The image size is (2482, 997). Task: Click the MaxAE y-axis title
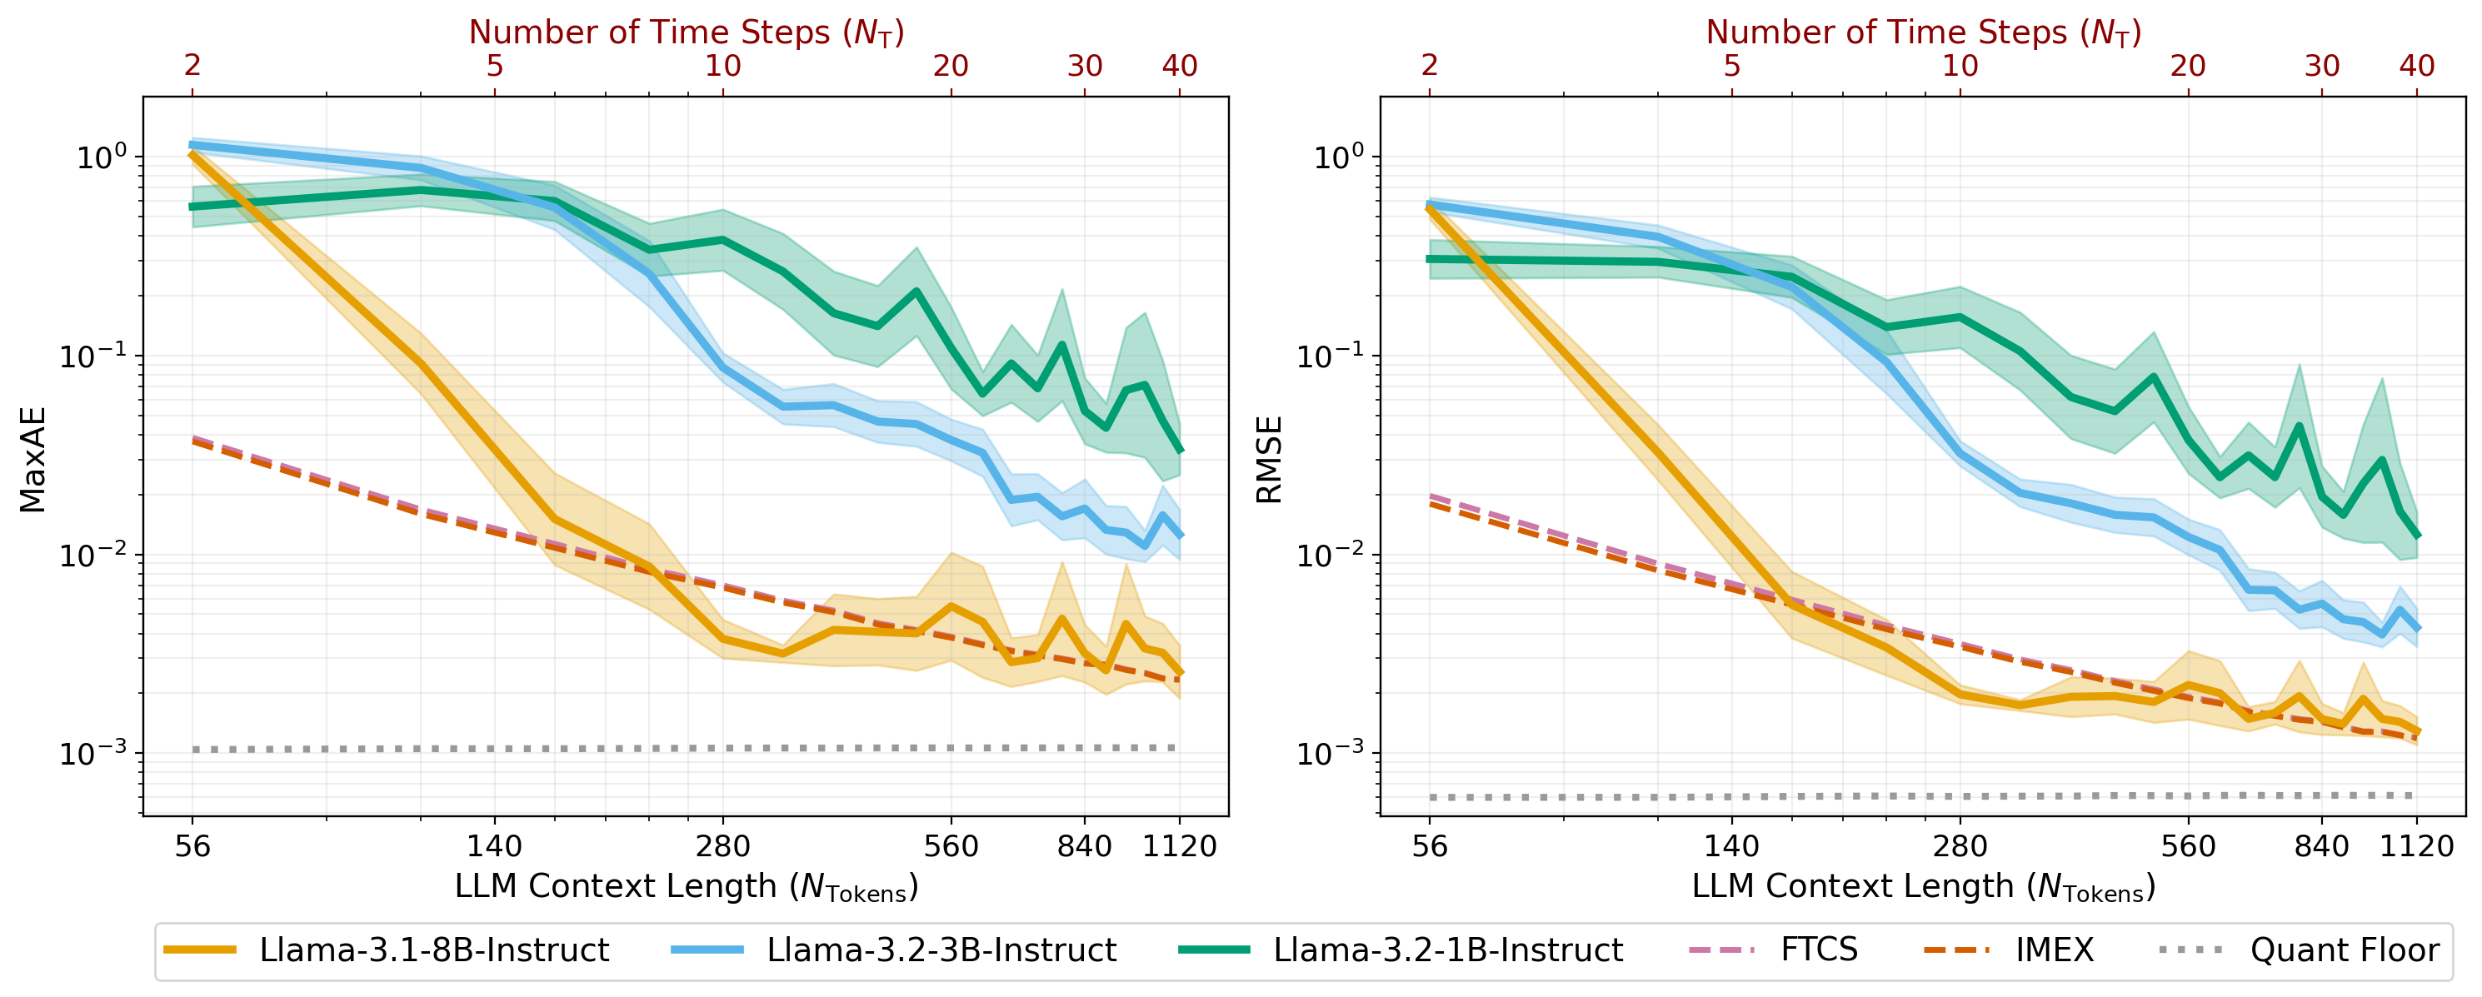click(32, 459)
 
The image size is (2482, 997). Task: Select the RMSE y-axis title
click(1269, 459)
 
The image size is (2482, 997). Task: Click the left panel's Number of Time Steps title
click(686, 32)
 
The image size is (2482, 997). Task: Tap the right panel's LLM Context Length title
click(1923, 886)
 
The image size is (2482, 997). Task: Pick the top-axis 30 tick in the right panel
click(2322, 66)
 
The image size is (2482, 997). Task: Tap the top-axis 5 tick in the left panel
click(494, 66)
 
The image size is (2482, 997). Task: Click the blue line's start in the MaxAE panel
click(192, 146)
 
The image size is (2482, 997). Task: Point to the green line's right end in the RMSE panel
click(2416, 536)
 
